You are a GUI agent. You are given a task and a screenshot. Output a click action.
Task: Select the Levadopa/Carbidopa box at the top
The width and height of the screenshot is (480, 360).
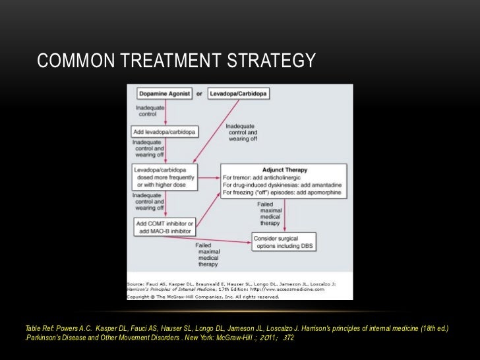238,94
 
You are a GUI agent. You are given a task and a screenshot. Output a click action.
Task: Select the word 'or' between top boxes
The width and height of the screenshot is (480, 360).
199,94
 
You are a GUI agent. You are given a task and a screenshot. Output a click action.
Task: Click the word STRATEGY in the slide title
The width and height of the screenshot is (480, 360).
272,61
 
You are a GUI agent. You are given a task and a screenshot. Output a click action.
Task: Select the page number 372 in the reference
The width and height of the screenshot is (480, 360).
287,338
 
